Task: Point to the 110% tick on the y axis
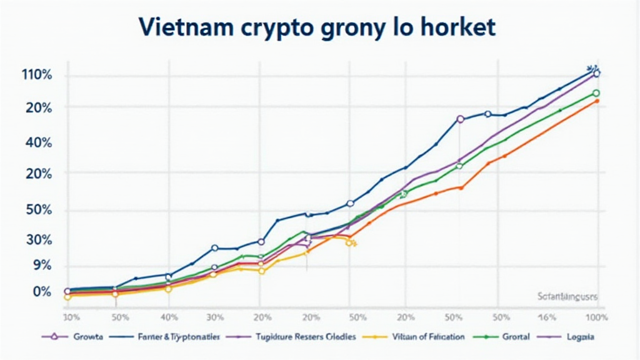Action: (36, 76)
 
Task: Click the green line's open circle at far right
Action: (596, 93)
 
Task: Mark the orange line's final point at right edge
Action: (597, 101)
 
